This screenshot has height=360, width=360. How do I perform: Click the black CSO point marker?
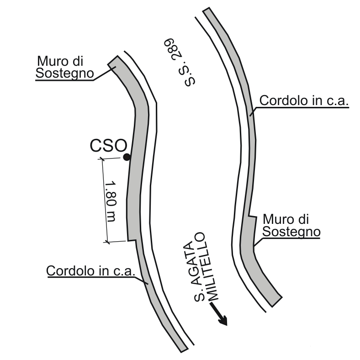click(127, 157)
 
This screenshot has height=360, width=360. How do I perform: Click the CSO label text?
click(107, 146)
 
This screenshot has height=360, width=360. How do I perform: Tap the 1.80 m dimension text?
click(111, 200)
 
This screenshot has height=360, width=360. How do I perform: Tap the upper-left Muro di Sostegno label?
click(64, 67)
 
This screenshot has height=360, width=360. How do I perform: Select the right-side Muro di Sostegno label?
click(291, 225)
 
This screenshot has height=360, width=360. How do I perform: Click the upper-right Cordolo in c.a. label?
click(304, 101)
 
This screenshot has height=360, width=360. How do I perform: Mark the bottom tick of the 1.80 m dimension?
click(107, 242)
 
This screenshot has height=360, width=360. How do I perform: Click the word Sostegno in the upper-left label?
click(64, 73)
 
